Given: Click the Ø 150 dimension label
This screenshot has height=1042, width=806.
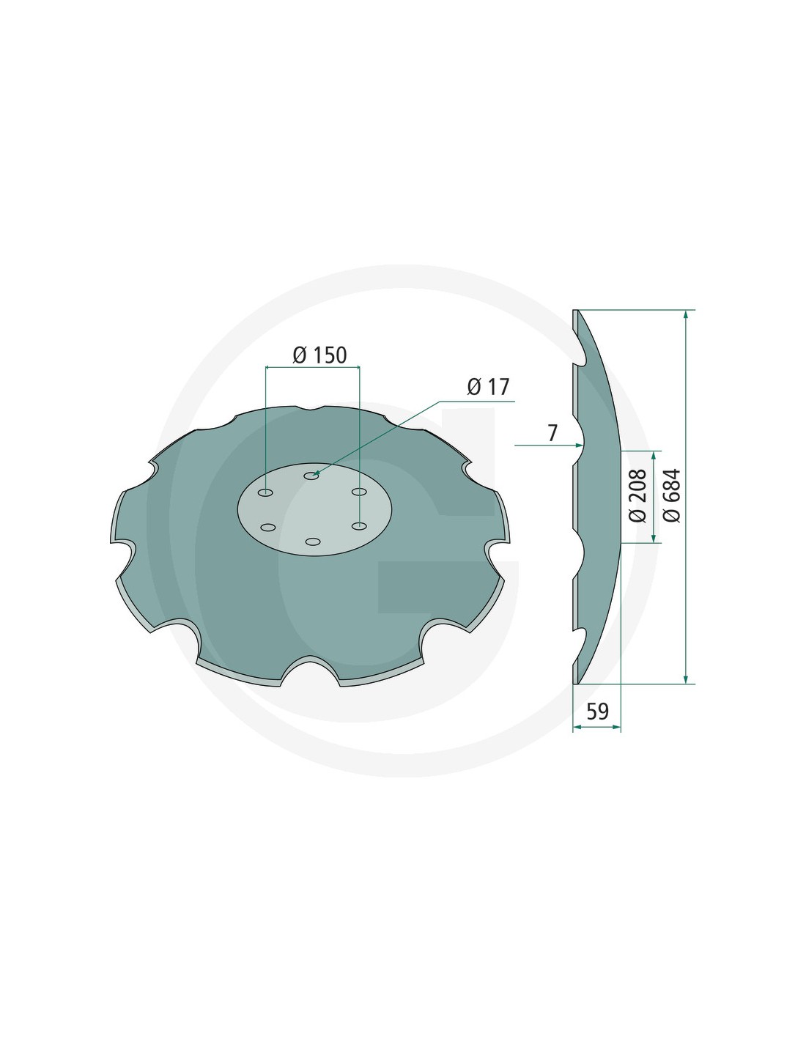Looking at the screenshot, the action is [x=319, y=355].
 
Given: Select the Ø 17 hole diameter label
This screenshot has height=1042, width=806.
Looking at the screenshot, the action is [x=488, y=387].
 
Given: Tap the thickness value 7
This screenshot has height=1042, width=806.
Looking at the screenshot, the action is [x=552, y=433].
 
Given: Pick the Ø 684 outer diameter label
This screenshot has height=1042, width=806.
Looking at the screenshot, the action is [x=672, y=495].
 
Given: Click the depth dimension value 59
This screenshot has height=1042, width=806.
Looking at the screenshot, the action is [x=597, y=711].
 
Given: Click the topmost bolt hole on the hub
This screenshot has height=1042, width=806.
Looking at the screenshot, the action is [x=312, y=476].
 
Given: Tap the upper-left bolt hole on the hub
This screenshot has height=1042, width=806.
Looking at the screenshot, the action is [x=265, y=492].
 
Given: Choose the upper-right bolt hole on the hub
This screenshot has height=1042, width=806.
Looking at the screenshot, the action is [x=359, y=492].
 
